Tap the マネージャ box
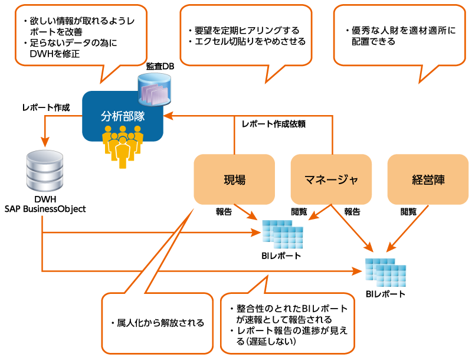coord(331,179)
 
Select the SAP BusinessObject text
coord(45,208)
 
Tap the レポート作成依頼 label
coord(273,125)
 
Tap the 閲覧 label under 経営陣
coord(408,211)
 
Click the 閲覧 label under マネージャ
coord(299,211)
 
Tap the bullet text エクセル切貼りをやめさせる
coord(246,41)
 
